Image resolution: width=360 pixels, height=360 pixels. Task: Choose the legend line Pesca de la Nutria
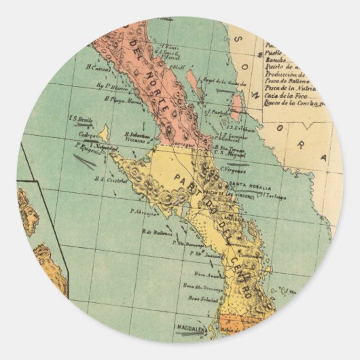point(289,88)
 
